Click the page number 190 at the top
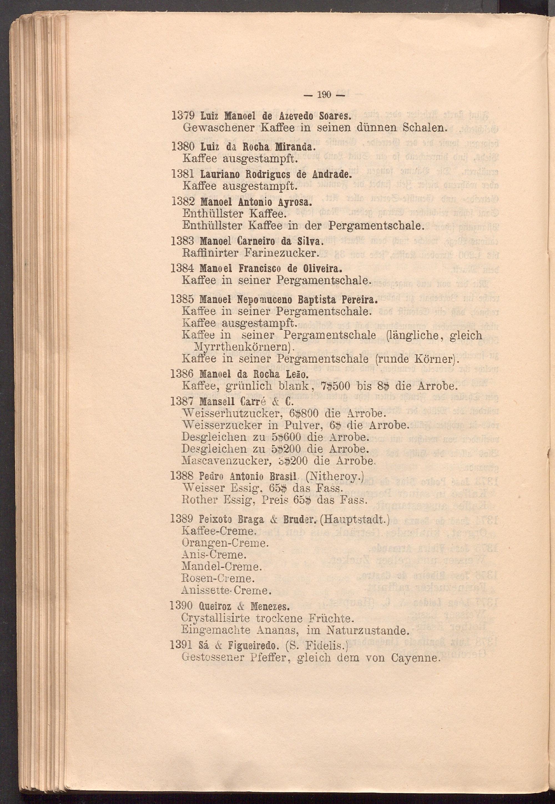click(x=323, y=95)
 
